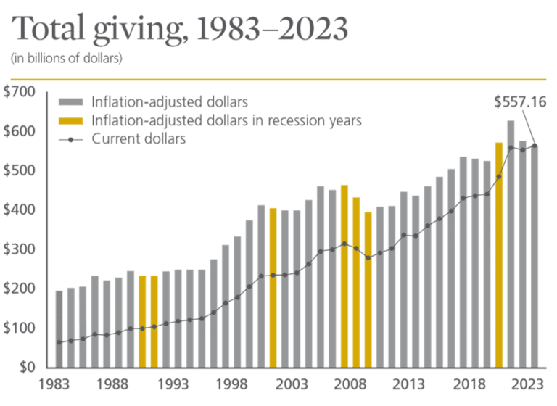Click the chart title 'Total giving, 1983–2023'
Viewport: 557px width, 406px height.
pyautogui.click(x=180, y=29)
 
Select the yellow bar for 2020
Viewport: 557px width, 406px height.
pyautogui.click(x=499, y=254)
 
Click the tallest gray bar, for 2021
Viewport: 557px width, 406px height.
pyautogui.click(x=511, y=243)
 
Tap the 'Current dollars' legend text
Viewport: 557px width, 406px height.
pyautogui.click(x=139, y=138)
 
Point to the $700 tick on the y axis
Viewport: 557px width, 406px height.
pyautogui.click(x=18, y=92)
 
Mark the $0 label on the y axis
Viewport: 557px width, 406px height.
pyautogui.click(x=25, y=367)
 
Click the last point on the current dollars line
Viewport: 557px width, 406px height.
pyautogui.click(x=535, y=146)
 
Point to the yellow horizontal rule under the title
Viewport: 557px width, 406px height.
pyautogui.click(x=278, y=78)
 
